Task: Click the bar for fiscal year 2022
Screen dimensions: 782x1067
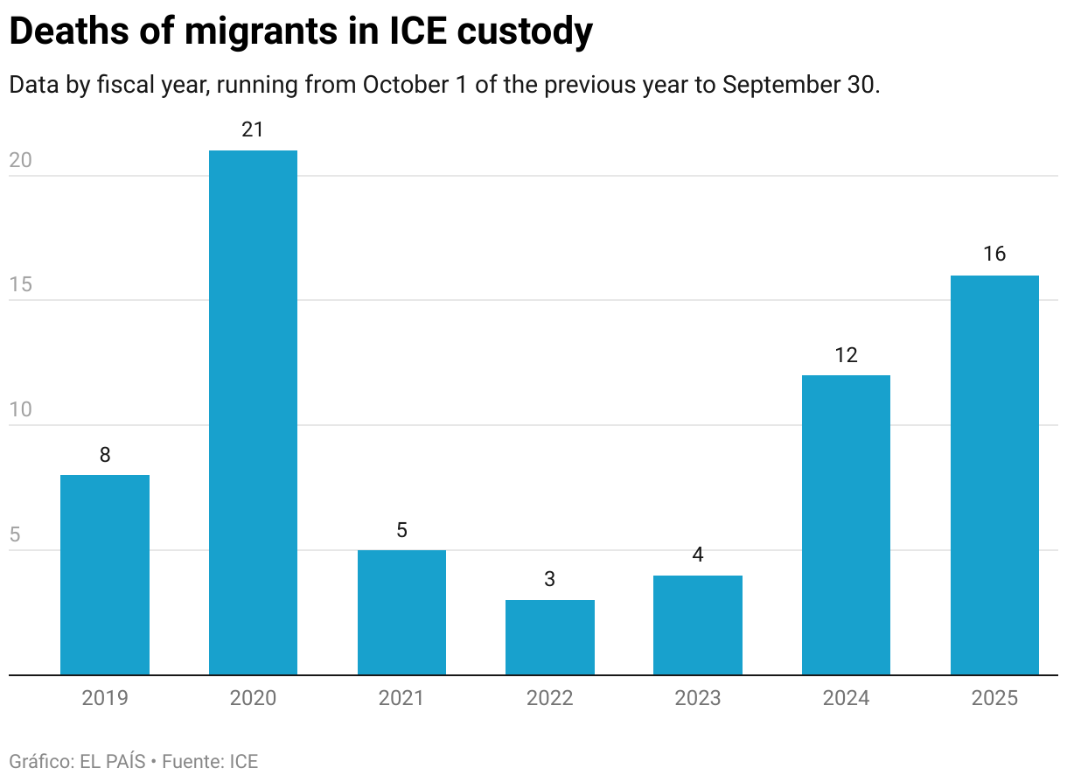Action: (549, 638)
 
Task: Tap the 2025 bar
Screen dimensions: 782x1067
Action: (994, 475)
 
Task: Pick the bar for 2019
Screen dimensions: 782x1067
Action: (105, 575)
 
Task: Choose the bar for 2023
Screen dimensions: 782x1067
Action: (698, 625)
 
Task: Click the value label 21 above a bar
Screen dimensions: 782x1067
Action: (253, 130)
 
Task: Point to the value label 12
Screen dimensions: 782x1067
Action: (846, 355)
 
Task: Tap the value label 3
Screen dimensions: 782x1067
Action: (549, 579)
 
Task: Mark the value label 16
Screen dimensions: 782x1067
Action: (994, 255)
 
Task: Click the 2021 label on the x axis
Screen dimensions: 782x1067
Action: (401, 698)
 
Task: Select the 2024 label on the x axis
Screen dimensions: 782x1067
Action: (846, 698)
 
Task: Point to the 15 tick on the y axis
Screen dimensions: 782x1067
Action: (20, 285)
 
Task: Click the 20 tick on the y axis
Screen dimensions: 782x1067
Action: (20, 161)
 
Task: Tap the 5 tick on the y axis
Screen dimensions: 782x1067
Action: (15, 535)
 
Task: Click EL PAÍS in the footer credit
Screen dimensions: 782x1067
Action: (112, 761)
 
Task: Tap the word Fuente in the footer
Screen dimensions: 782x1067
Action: (192, 761)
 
